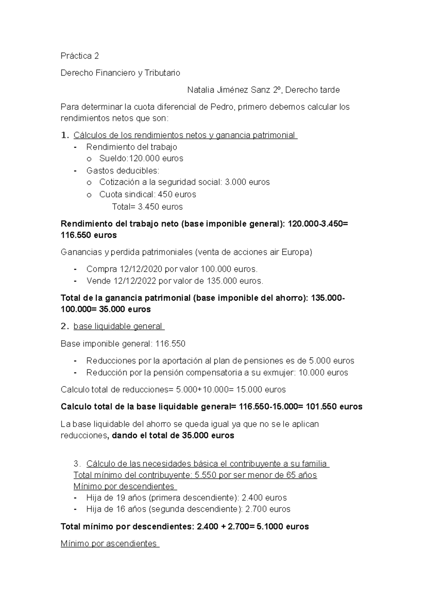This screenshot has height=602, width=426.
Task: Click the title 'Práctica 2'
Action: [80, 56]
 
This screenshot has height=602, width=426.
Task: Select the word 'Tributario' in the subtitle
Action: [162, 73]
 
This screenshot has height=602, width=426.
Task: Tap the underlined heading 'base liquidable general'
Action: [118, 326]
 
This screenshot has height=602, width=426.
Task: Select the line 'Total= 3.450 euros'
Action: [147, 207]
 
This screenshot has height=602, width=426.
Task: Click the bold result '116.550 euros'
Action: [88, 235]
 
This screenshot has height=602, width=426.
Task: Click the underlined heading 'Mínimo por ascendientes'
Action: [109, 543]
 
